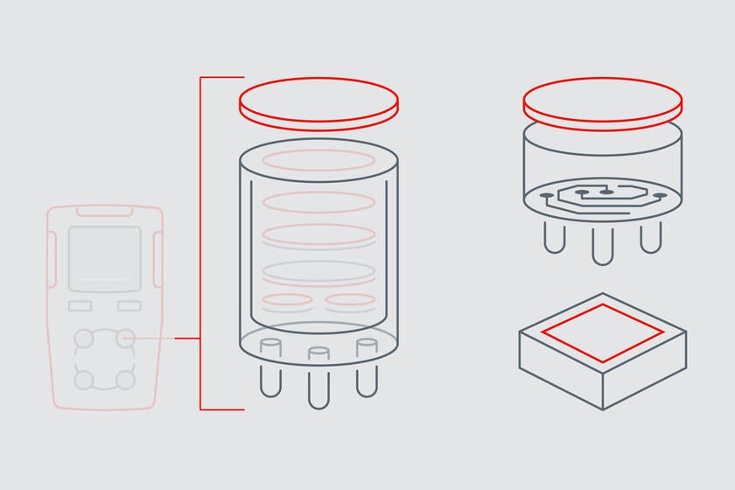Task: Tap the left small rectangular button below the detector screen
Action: coord(80,305)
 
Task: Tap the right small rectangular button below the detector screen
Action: coord(129,305)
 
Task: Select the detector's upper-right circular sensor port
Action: coord(126,337)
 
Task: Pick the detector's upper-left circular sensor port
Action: coord(83,337)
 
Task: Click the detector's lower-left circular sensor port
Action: coord(83,380)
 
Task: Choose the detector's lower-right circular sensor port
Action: coord(126,380)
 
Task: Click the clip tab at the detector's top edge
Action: coord(104,211)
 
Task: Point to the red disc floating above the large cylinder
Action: coord(318,103)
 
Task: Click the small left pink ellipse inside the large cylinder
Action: coord(287,301)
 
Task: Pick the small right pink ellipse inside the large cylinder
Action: coord(350,301)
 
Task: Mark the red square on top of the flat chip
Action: coord(602,332)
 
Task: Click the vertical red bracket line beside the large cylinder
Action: coord(200,245)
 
